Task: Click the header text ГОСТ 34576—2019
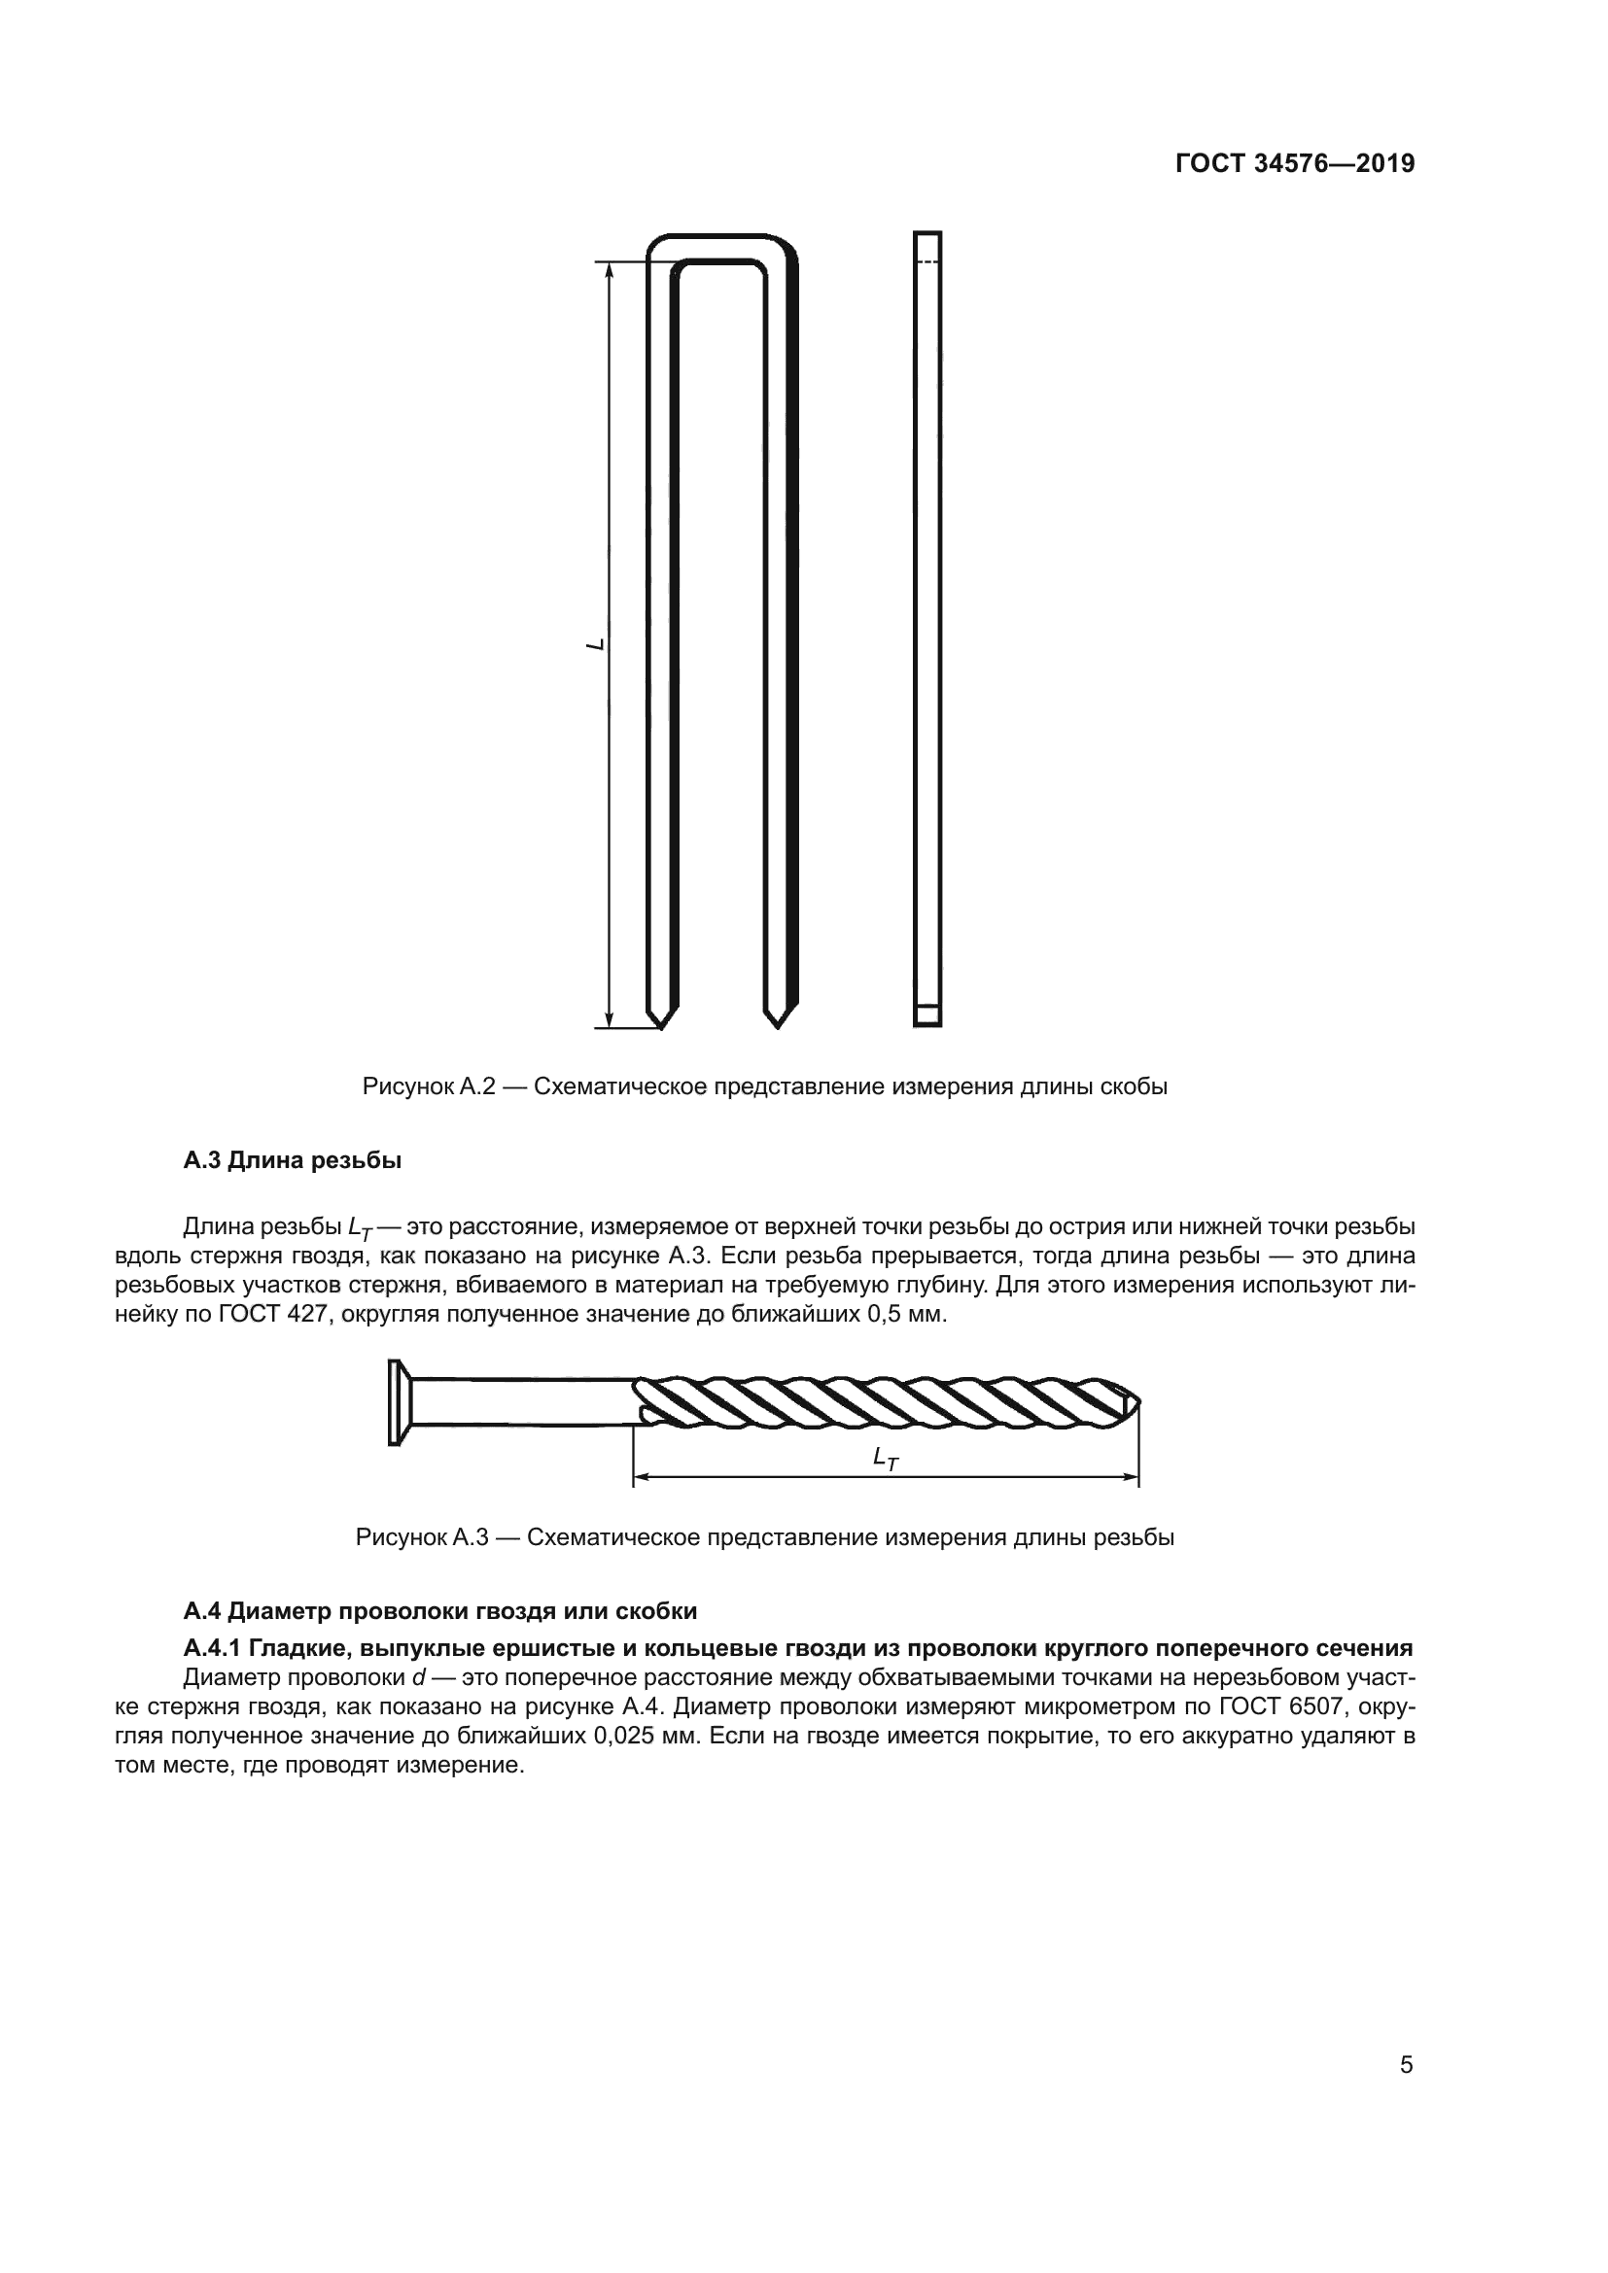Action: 1294,163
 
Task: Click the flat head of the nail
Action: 395,1402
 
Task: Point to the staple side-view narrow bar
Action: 926,629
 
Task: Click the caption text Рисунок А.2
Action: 428,1087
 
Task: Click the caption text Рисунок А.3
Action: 422,1537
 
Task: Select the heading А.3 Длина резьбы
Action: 292,1160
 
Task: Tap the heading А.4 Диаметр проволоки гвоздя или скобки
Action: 439,1610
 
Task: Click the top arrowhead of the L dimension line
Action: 610,268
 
